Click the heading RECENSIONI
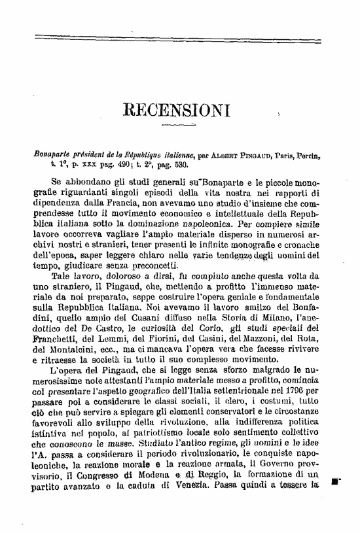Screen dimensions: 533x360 (175, 111)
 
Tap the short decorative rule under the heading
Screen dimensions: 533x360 (175, 124)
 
